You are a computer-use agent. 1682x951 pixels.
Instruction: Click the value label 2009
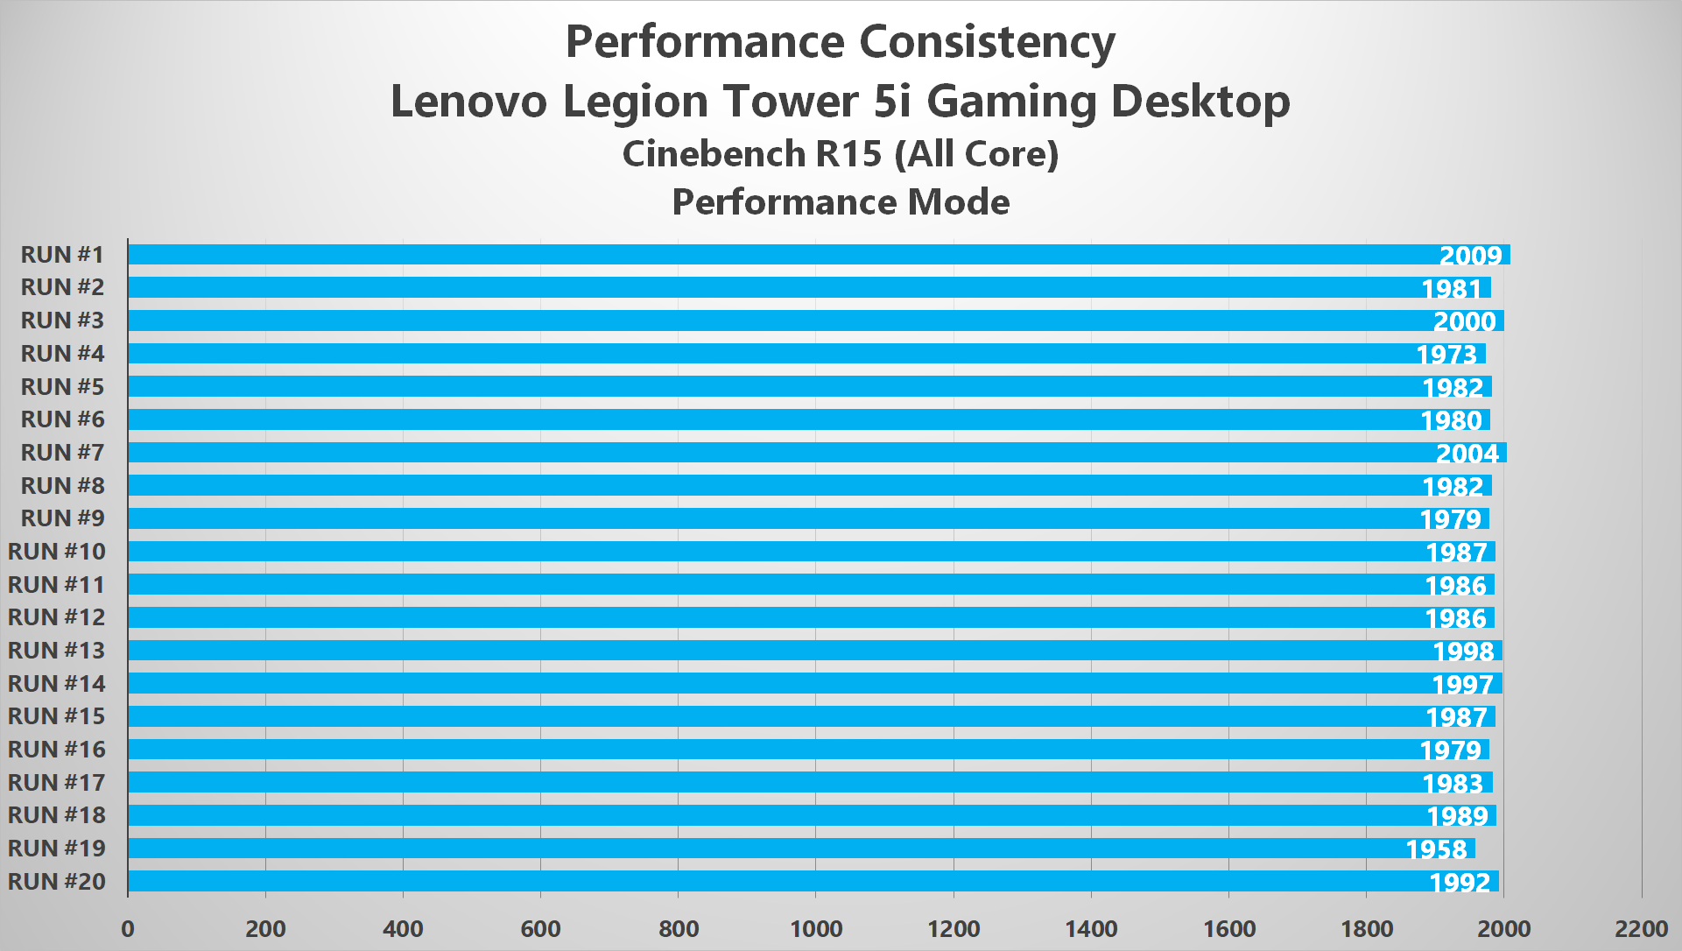click(x=1470, y=256)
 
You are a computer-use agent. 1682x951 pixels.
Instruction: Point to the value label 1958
click(x=1436, y=849)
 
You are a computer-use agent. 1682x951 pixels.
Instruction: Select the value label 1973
click(x=1446, y=355)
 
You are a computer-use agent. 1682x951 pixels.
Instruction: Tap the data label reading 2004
click(x=1467, y=454)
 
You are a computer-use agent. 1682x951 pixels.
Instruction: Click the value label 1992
click(x=1460, y=883)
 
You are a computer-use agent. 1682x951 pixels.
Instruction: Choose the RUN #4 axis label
click(x=62, y=354)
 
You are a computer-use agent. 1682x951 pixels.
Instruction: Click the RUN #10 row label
click(x=57, y=552)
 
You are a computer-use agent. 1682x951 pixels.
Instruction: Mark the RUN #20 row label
click(x=57, y=882)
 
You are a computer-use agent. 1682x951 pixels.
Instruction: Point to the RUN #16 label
click(x=57, y=750)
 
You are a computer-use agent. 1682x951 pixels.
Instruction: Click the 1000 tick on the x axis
click(x=816, y=929)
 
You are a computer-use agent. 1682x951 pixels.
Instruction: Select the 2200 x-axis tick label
click(x=1641, y=929)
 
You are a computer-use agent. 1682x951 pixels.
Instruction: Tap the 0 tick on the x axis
click(x=128, y=929)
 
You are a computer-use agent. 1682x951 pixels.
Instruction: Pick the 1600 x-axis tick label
click(x=1229, y=929)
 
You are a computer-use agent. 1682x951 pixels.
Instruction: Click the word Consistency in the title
click(x=987, y=42)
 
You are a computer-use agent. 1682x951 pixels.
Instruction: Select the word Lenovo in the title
click(x=468, y=101)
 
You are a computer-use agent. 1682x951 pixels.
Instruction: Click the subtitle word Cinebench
click(x=714, y=154)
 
